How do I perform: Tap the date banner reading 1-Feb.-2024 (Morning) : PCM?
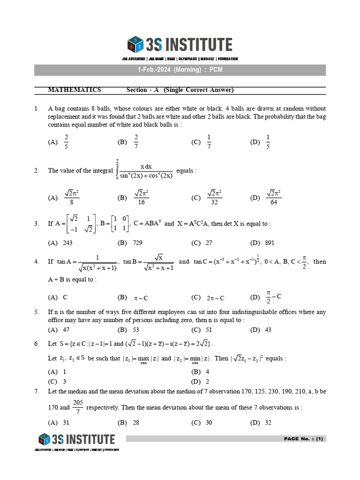(x=180, y=70)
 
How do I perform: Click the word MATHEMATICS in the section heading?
(x=75, y=90)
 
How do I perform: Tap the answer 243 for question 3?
(x=67, y=243)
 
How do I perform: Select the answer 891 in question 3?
(x=269, y=243)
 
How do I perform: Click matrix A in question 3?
(x=80, y=223)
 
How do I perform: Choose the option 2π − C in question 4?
(x=216, y=298)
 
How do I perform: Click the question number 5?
(x=37, y=312)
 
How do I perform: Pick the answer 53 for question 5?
(x=136, y=330)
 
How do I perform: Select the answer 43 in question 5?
(x=268, y=330)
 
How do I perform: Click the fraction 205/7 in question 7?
(x=78, y=407)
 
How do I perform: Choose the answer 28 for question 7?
(x=136, y=422)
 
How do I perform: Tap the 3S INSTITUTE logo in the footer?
(x=77, y=439)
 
